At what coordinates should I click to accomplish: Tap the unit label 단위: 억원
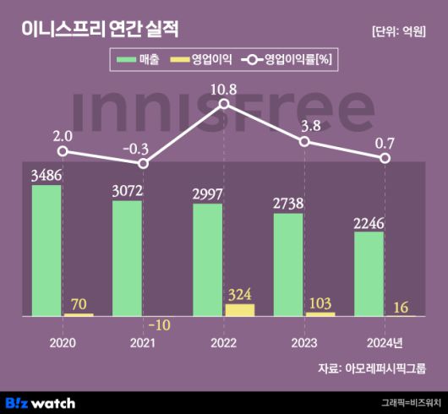(399, 31)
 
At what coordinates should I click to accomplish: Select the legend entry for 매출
(140, 61)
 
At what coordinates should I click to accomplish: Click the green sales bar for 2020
(46, 250)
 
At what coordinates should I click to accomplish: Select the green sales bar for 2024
(369, 274)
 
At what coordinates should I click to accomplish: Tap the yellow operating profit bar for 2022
(239, 310)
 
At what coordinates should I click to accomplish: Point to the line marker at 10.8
(224, 104)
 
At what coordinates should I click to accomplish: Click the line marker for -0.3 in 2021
(143, 162)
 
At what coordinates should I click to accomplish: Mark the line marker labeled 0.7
(385, 158)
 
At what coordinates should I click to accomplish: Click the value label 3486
(46, 176)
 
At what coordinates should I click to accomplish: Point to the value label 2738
(288, 204)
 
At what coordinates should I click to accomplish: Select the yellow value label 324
(240, 294)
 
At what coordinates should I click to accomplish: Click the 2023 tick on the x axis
(303, 343)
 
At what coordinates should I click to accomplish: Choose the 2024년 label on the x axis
(385, 343)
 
